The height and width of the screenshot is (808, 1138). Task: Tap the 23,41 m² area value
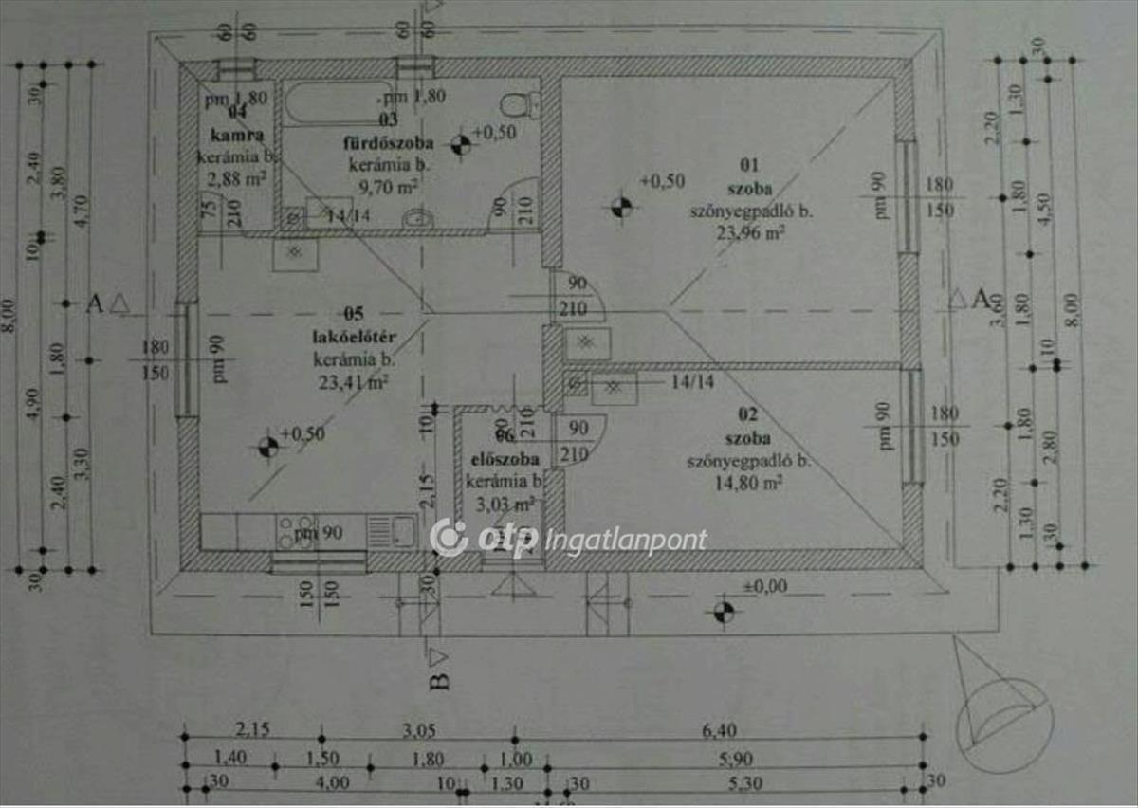[353, 382]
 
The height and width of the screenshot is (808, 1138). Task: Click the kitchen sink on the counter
[391, 531]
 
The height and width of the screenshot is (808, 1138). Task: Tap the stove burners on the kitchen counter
[295, 531]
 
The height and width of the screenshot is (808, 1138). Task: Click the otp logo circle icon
[448, 537]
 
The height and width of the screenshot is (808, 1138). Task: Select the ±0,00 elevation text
[764, 586]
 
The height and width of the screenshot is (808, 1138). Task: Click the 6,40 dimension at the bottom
[718, 730]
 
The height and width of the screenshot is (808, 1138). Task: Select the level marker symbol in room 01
[620, 205]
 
